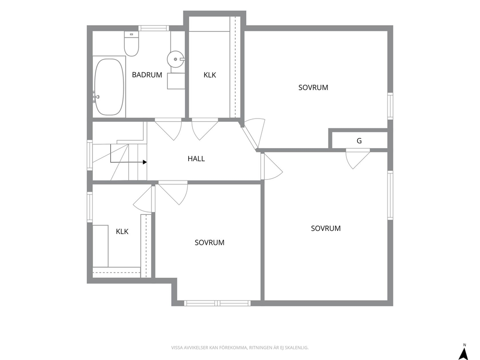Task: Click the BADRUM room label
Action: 147,75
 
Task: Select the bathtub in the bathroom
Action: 109,87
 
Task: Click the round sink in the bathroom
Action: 176,59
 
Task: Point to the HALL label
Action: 196,159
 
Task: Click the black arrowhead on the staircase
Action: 145,162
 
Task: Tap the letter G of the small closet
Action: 359,141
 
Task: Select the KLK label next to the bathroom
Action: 210,75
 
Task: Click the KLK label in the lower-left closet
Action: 122,231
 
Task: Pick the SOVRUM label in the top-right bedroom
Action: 313,88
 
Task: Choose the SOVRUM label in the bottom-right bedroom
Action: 326,228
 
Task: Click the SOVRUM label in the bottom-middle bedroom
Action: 210,242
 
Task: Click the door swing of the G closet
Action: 358,159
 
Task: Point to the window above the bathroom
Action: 154,28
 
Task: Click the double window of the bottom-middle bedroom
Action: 217,303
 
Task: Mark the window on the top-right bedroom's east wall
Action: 390,106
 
